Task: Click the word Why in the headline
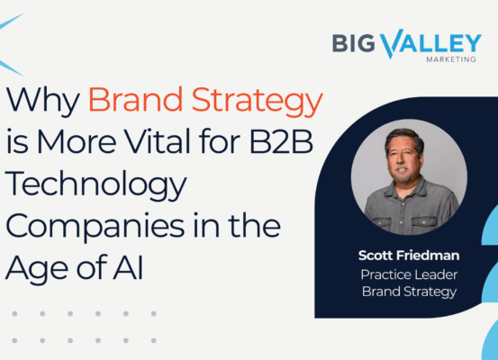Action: click(x=43, y=102)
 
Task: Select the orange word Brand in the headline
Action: click(x=135, y=99)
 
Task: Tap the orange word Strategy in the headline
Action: click(x=258, y=102)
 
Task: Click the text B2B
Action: click(x=281, y=141)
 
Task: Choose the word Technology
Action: click(x=95, y=185)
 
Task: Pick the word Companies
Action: click(x=95, y=227)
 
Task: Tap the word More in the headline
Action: click(x=77, y=141)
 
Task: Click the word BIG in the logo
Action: click(x=353, y=43)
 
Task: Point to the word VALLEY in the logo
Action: click(x=431, y=43)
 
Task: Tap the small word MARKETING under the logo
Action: click(x=451, y=59)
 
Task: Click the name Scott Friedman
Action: click(x=409, y=256)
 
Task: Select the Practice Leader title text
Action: click(x=409, y=274)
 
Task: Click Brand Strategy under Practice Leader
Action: click(x=409, y=292)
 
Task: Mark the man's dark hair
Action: click(x=404, y=137)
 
